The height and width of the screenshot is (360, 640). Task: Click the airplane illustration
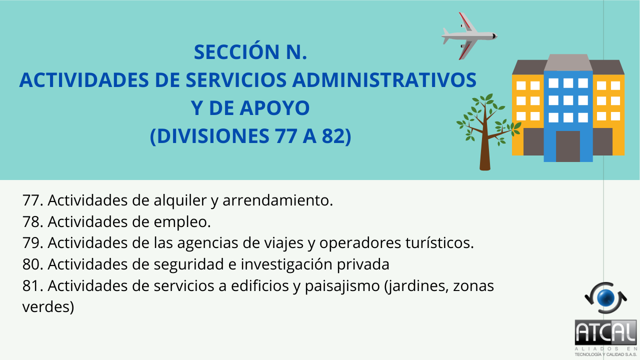(x=469, y=36)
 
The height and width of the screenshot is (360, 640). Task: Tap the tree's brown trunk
(x=485, y=143)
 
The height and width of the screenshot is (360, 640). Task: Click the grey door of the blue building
(x=568, y=146)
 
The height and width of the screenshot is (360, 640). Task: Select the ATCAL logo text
(x=605, y=332)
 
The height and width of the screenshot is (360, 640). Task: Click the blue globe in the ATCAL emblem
(x=605, y=297)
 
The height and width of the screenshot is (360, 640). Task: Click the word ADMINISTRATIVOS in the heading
(x=384, y=79)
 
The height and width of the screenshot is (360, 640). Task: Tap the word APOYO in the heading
(x=274, y=108)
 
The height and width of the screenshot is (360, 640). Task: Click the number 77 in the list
(x=31, y=200)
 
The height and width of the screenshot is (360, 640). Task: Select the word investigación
(x=286, y=264)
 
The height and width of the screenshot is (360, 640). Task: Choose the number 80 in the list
(x=31, y=264)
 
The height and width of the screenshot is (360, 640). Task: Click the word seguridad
(x=189, y=264)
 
